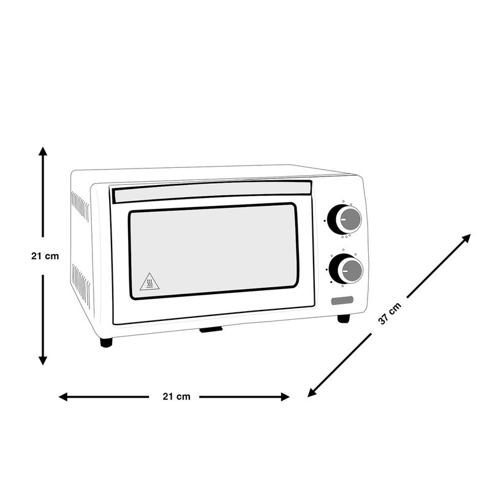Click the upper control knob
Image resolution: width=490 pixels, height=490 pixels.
point(345,219)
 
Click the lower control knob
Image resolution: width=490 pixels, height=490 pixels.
point(345,268)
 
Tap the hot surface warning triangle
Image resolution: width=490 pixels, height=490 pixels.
point(149,282)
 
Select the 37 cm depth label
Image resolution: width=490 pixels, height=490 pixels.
point(390,314)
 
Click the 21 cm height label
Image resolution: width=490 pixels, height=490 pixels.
point(45,256)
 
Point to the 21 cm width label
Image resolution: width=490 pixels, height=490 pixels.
point(176,397)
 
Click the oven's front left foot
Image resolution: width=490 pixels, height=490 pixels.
point(106,342)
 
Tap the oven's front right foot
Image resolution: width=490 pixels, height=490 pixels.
point(344,318)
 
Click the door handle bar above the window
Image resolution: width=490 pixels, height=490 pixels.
point(211,191)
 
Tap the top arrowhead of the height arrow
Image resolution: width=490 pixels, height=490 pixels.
point(43,151)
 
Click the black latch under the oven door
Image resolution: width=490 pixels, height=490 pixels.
point(211,330)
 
